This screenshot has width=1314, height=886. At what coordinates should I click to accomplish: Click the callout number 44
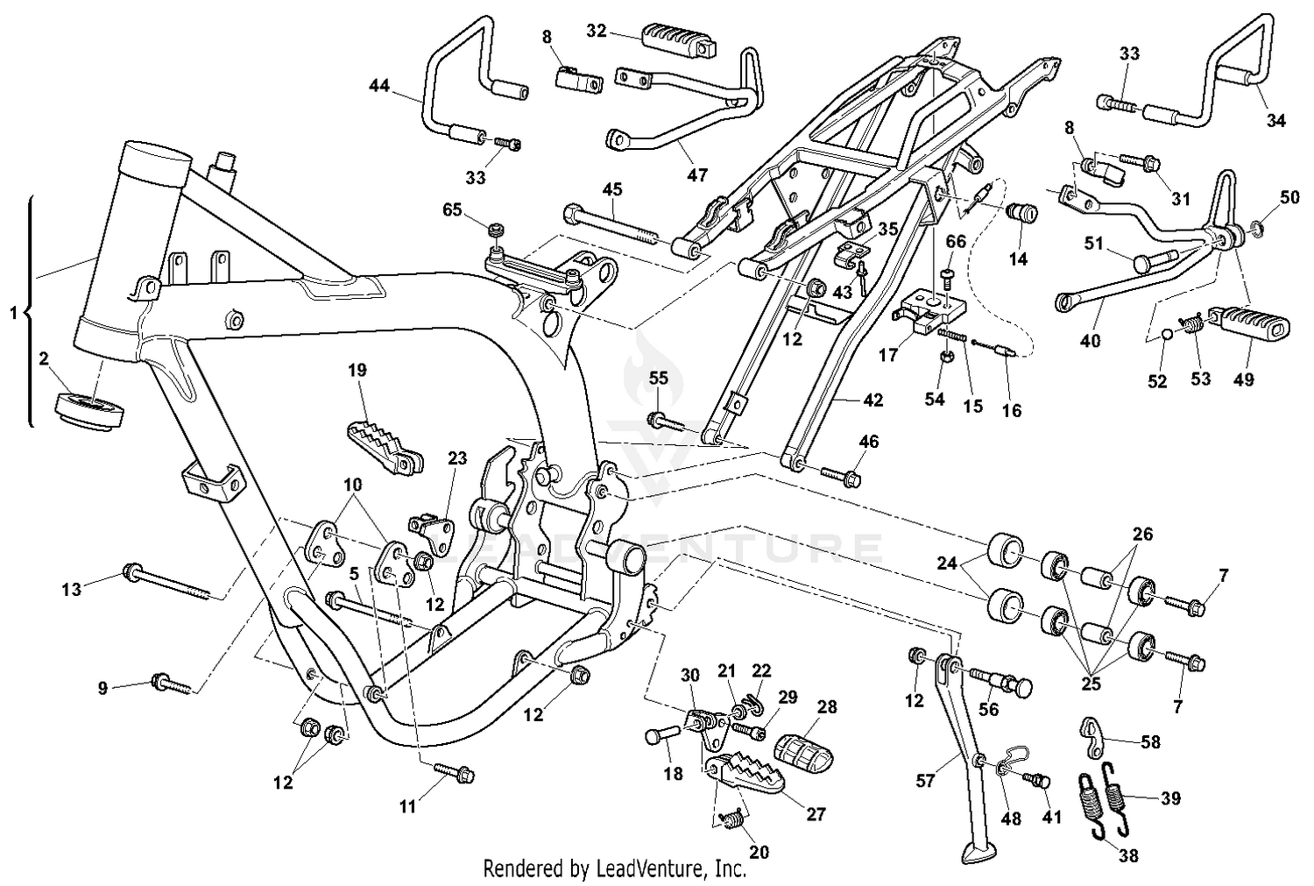378,85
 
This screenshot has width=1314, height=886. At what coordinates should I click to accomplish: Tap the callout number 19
357,371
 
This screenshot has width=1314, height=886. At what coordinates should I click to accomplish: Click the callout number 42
872,400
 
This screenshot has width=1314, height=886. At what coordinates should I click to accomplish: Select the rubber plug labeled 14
1022,214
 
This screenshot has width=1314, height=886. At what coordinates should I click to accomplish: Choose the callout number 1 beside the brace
13,313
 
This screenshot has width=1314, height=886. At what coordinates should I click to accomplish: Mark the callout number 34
1275,121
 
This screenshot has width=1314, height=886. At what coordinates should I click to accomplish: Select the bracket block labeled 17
930,312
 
